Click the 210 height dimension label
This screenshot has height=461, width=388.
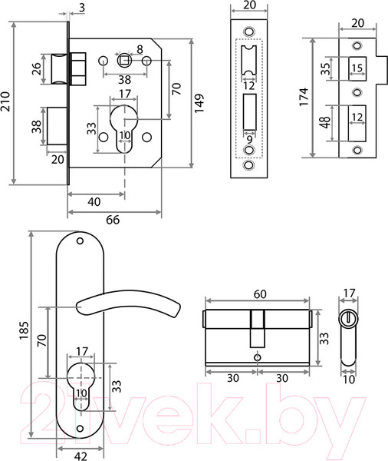point(5,101)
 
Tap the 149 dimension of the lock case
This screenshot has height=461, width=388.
point(199,103)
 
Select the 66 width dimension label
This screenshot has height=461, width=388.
point(113,220)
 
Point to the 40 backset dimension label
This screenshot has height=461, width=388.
point(94,202)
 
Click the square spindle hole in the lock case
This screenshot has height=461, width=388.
point(124,60)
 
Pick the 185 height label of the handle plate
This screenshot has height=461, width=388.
point(24,330)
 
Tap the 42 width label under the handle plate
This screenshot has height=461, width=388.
point(81,456)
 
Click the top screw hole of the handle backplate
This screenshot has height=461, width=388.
point(80,241)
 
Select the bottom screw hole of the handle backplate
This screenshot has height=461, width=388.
point(80,428)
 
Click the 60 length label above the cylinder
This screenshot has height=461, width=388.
point(260,294)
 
